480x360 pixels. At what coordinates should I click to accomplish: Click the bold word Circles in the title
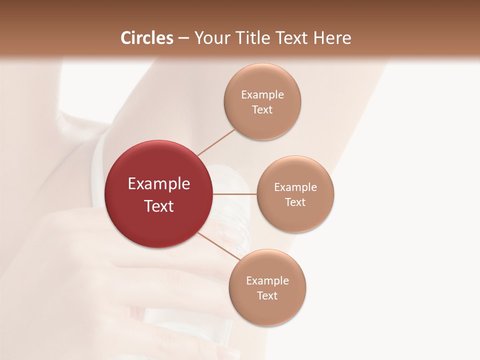click(x=147, y=38)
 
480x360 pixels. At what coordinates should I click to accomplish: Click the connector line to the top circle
click(x=215, y=141)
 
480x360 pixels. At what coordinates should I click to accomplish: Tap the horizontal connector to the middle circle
click(x=234, y=194)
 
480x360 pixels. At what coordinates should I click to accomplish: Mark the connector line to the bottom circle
click(x=218, y=246)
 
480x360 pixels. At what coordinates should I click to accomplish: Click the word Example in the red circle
click(x=158, y=184)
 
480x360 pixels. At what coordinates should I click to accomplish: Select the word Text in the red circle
click(x=158, y=206)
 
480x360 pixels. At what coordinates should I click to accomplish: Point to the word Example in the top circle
click(x=262, y=94)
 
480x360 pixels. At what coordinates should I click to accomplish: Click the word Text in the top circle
click(x=262, y=109)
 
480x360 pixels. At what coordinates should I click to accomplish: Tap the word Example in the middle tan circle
click(x=295, y=187)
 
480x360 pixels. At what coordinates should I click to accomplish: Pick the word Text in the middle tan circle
click(x=295, y=202)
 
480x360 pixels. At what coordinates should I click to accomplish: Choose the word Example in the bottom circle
click(x=267, y=280)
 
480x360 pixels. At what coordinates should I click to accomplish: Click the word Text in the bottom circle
click(x=267, y=295)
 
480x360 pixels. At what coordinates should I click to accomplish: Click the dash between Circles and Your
click(x=183, y=38)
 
